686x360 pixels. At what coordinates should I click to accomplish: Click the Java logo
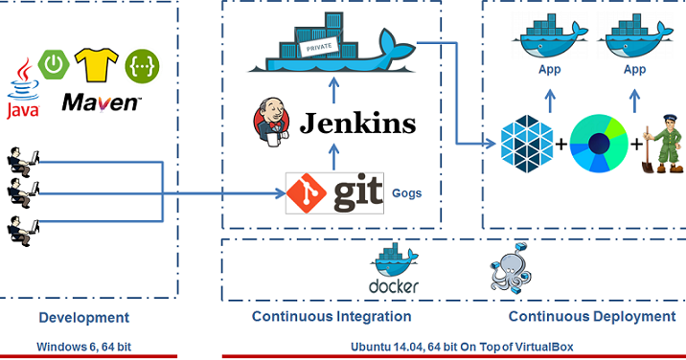[x=22, y=92]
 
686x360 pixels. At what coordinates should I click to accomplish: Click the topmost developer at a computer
[x=21, y=159]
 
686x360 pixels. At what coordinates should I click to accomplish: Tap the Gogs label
[x=406, y=192]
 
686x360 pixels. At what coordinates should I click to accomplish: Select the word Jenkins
[x=358, y=124]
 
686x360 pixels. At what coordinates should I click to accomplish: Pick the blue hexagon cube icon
[x=524, y=145]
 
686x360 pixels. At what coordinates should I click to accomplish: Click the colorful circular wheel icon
[x=598, y=145]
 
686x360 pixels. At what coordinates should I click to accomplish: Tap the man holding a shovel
[x=660, y=145]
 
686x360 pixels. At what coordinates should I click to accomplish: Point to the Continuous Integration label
[x=332, y=317]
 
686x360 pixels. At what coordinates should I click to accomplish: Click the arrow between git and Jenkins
[x=332, y=157]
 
